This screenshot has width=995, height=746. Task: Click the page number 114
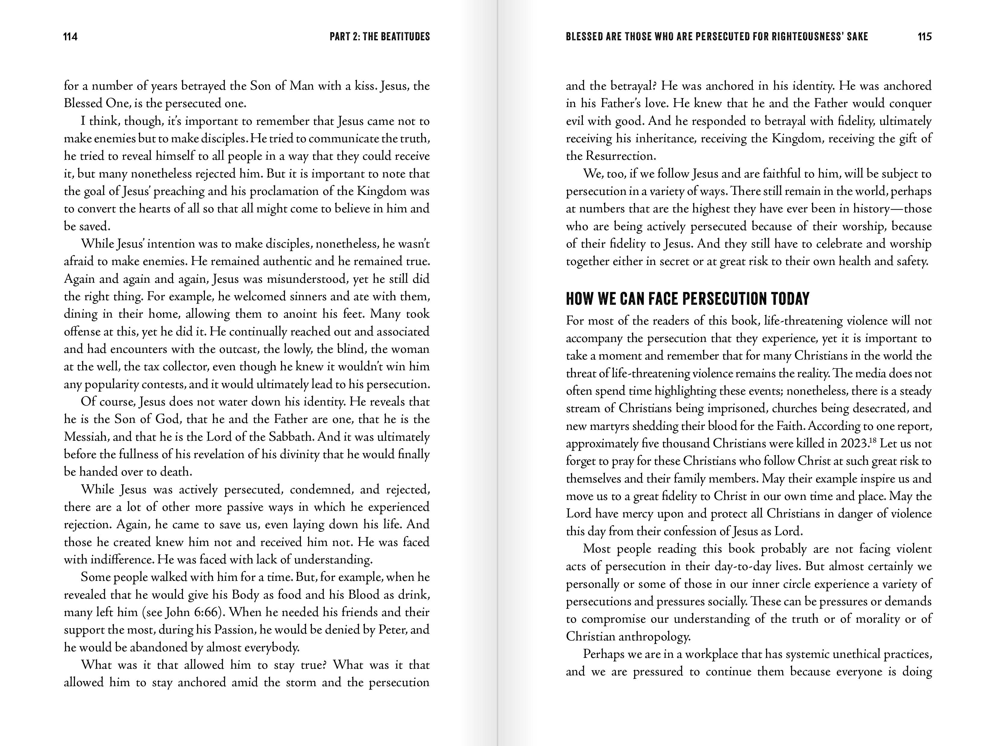tap(71, 36)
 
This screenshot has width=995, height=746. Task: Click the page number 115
tap(924, 36)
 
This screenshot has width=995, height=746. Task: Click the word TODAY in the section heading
tap(790, 299)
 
